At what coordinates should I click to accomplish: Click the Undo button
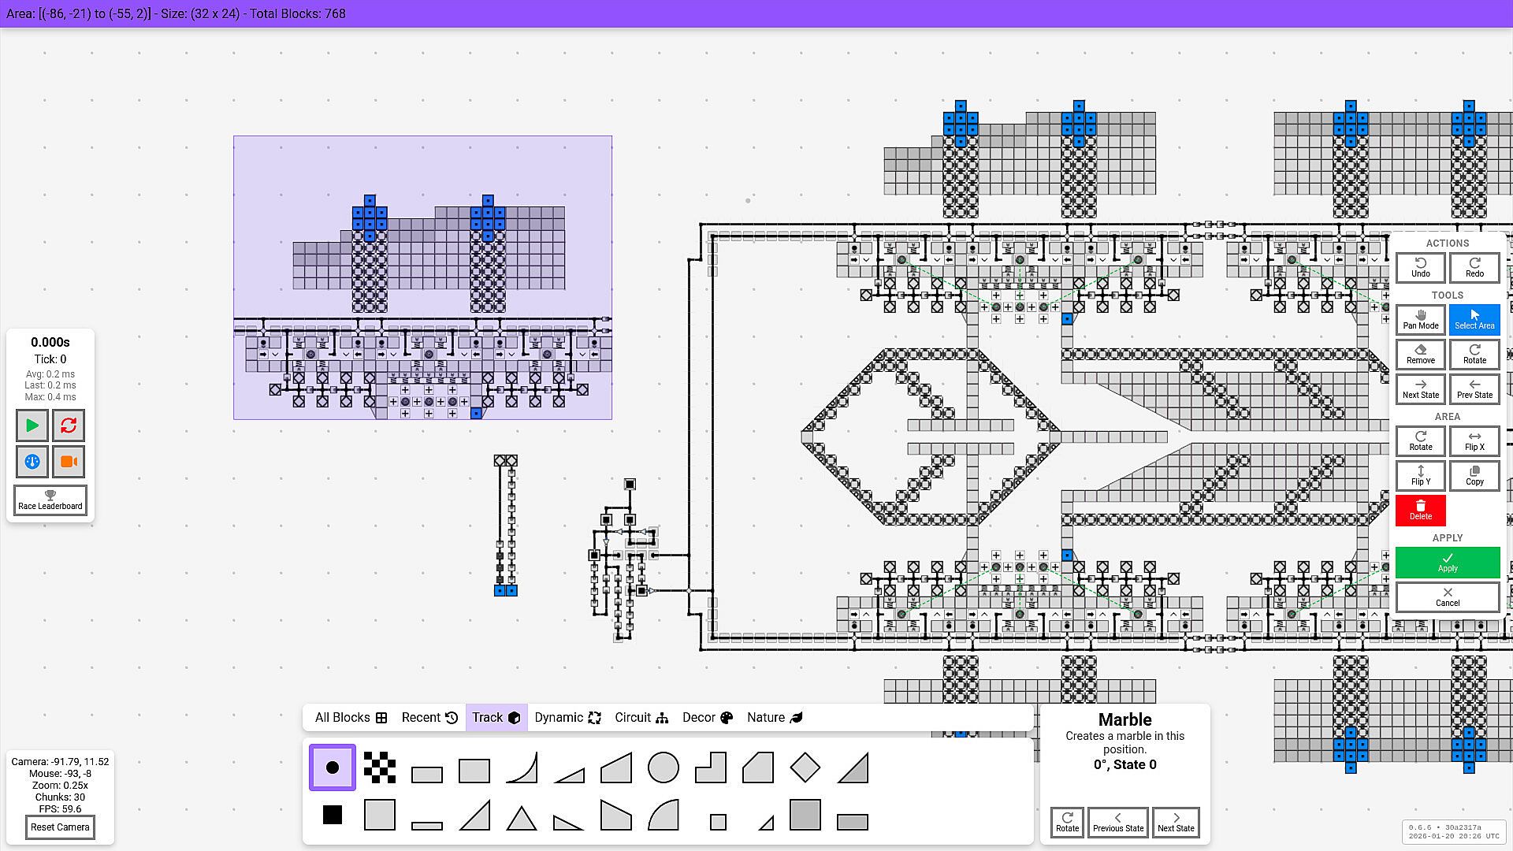point(1421,268)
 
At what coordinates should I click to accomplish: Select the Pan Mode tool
point(1421,320)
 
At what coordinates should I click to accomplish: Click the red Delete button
point(1421,511)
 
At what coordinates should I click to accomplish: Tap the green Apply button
point(1448,563)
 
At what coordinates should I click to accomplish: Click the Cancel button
point(1448,597)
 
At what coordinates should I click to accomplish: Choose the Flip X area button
point(1474,441)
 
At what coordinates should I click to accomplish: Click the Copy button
point(1474,476)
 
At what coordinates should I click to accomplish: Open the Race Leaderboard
point(50,500)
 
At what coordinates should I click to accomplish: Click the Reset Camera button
point(60,827)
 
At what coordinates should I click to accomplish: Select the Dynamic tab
point(567,718)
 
